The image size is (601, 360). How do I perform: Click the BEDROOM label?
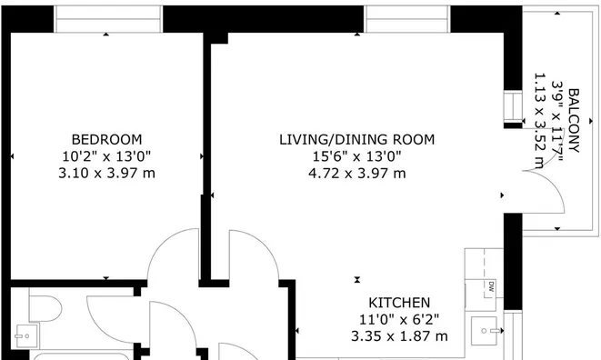pos(106,139)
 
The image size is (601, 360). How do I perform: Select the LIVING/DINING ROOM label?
pos(356,139)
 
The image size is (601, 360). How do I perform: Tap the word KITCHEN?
pos(399,303)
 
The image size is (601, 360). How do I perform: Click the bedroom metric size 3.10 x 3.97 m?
pos(106,173)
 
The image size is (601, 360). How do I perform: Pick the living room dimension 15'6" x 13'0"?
pos(356,156)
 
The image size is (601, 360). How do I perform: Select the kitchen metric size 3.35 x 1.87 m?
pos(399,336)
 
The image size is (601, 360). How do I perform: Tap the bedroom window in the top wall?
pos(108,17)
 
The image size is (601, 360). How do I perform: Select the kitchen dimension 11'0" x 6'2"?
pos(399,319)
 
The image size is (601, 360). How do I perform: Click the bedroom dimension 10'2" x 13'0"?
pos(106,156)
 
